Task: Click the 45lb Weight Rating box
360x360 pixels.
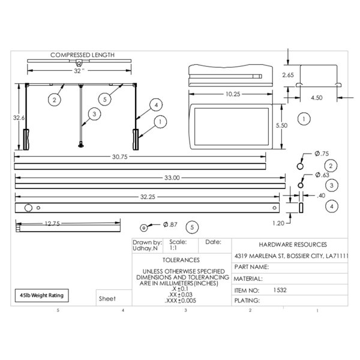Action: click(x=42, y=295)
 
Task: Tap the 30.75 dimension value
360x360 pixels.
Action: click(x=119, y=157)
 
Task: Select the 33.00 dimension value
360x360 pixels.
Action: click(x=172, y=178)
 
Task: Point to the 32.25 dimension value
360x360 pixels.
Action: click(x=148, y=197)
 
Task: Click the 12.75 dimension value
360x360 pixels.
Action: click(x=52, y=223)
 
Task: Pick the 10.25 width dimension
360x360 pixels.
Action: click(x=233, y=94)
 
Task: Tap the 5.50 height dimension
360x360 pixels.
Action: click(x=281, y=125)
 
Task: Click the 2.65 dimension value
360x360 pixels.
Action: click(x=288, y=75)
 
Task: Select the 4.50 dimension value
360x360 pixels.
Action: click(x=317, y=98)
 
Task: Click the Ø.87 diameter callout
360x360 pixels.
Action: click(x=170, y=224)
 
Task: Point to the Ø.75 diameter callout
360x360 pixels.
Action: click(x=322, y=154)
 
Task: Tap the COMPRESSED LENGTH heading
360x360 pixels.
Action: click(x=82, y=55)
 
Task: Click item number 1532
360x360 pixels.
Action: click(x=280, y=290)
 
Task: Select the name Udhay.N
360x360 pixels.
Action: click(x=145, y=248)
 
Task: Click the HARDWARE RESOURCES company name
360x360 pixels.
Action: click(x=293, y=245)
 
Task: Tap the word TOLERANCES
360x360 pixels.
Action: click(x=181, y=260)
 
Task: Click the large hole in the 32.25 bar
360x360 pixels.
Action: click(x=28, y=208)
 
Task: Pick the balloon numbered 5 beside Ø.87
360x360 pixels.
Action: click(x=192, y=227)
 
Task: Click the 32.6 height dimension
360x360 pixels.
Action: click(x=19, y=118)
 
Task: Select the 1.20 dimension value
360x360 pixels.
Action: click(x=278, y=223)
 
